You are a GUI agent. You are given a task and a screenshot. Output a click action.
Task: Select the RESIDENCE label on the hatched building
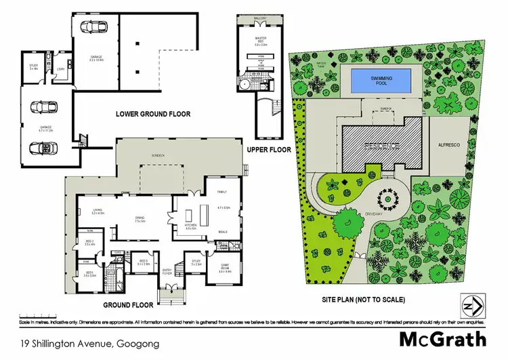click(x=381, y=145)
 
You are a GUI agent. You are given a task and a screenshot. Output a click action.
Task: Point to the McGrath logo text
click(x=444, y=339)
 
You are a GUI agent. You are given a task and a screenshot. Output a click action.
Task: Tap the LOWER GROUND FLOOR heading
click(x=152, y=114)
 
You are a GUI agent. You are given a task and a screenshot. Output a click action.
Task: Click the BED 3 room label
click(x=144, y=262)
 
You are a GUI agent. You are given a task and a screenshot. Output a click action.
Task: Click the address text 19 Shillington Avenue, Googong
click(x=90, y=344)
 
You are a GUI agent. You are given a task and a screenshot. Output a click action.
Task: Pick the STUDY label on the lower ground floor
click(x=33, y=67)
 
